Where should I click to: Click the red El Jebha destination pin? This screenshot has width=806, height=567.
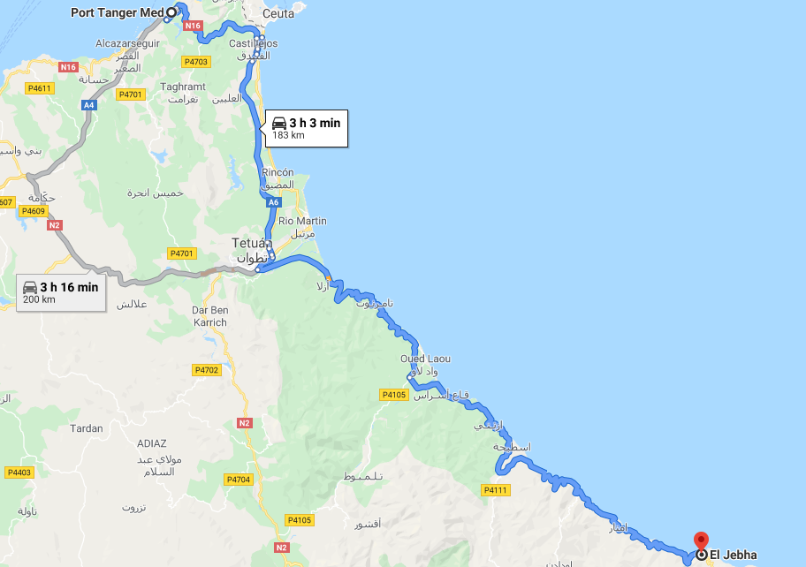(x=701, y=541)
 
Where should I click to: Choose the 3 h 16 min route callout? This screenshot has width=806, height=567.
(x=61, y=291)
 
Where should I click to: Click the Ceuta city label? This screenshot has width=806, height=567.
(x=278, y=14)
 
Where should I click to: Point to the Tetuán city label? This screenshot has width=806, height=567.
(x=248, y=242)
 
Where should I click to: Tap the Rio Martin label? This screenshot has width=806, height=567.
(x=302, y=221)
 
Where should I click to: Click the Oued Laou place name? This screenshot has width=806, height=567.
(x=425, y=359)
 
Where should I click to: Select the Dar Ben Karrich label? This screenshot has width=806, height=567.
(x=209, y=316)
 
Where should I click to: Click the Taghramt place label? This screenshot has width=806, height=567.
(x=183, y=87)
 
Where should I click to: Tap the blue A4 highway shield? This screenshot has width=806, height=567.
(x=88, y=105)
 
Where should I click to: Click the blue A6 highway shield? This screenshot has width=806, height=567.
(x=274, y=202)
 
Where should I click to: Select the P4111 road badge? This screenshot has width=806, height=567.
(x=495, y=490)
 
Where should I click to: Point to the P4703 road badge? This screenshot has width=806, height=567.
(x=195, y=62)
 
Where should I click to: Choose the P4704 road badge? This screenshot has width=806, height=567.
(x=239, y=480)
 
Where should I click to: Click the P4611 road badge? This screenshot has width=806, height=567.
(x=40, y=87)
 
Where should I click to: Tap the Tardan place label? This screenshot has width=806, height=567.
(x=86, y=428)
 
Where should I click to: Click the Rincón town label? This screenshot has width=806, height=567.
(x=278, y=172)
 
